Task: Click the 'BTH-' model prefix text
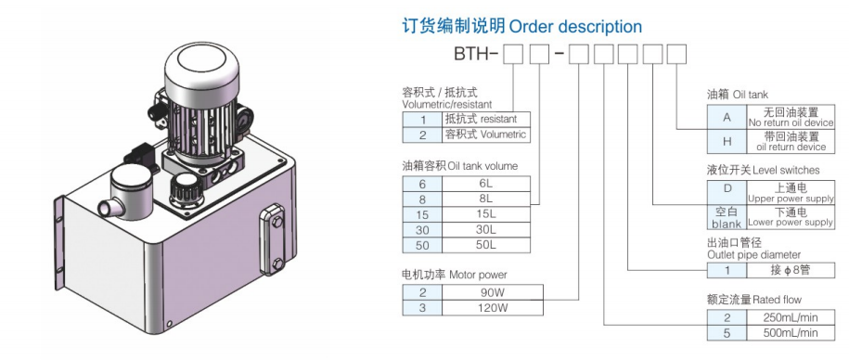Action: tap(475, 58)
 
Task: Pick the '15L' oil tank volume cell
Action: tap(486, 214)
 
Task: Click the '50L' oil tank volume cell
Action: tap(486, 246)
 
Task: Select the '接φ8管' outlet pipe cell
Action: tap(791, 270)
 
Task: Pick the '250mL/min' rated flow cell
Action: tap(791, 316)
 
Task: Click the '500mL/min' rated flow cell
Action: tap(791, 332)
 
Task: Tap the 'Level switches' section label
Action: tap(779, 170)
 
